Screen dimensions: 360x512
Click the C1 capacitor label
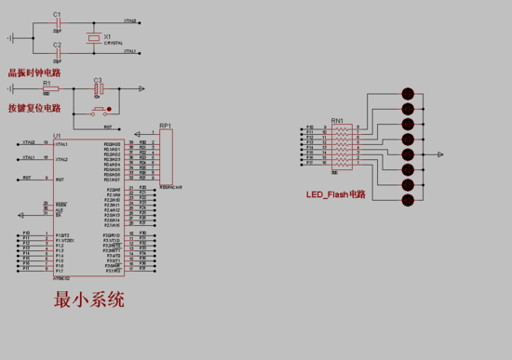coord(57,14)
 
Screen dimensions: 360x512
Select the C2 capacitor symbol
coord(57,52)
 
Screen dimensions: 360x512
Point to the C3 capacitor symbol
coord(98,89)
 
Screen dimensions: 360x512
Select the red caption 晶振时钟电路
coord(34,72)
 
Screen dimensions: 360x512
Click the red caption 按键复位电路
coord(34,108)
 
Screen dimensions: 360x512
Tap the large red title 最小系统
coord(89,300)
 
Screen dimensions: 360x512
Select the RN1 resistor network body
coord(343,148)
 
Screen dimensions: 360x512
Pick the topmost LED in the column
coord(407,93)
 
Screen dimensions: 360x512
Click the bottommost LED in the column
coord(407,201)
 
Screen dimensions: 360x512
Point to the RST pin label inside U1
coord(60,178)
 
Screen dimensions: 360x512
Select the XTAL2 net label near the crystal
coord(129,20)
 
